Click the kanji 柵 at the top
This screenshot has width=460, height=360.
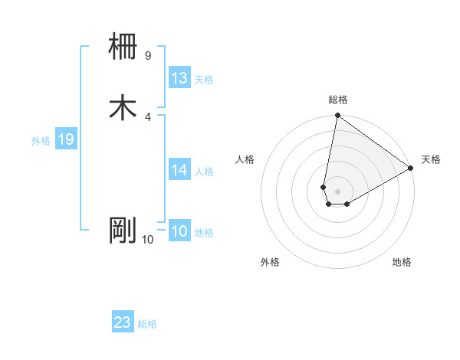123,47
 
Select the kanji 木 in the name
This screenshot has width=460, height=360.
123,108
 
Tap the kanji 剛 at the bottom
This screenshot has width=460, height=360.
123,230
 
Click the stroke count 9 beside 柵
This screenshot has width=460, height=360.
147,55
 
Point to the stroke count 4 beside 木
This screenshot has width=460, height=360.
147,116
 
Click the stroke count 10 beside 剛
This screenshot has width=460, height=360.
147,239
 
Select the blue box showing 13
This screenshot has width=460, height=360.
179,78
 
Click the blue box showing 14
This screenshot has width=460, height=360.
179,170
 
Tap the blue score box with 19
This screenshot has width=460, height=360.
66,139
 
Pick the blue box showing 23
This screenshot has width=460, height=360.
123,322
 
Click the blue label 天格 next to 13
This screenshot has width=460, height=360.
204,80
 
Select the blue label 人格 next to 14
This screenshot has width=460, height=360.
204,172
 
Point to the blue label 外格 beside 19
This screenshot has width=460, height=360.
41,141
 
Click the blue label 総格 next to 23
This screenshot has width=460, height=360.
147,324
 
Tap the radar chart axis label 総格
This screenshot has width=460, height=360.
338,100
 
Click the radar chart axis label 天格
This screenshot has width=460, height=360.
431,159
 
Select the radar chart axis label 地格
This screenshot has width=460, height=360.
402,262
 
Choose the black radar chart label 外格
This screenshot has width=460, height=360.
270,262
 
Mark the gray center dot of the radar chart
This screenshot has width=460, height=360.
338,191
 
